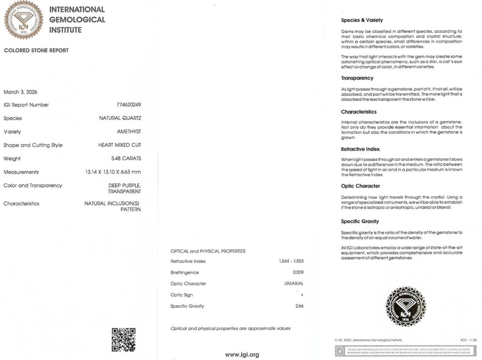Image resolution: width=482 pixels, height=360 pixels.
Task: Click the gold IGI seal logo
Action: click(24, 19)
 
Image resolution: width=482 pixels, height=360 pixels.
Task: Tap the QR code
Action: click(123, 340)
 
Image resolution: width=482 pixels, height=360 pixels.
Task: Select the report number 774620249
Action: click(129, 105)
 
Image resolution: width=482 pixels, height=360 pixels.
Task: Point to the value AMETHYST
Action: click(129, 132)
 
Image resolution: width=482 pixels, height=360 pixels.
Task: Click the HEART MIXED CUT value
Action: click(120, 145)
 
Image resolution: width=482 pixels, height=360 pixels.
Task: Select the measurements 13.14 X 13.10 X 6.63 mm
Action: click(110, 172)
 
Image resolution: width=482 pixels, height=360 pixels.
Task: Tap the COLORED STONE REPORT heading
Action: click(36, 50)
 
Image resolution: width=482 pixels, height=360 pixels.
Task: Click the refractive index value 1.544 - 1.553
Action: click(291, 261)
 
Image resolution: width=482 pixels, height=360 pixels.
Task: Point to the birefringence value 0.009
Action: click(298, 272)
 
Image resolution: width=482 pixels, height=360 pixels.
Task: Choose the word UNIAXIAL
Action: click(294, 284)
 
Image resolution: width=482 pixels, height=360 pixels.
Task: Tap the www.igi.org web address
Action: click(241, 355)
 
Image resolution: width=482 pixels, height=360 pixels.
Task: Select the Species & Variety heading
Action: click(361, 20)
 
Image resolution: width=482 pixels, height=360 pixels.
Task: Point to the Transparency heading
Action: click(357, 78)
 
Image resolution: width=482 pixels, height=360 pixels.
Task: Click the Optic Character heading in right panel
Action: click(360, 186)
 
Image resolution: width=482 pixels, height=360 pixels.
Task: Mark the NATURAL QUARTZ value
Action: click(120, 119)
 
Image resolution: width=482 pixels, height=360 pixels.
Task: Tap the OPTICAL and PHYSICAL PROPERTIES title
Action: click(208, 251)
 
